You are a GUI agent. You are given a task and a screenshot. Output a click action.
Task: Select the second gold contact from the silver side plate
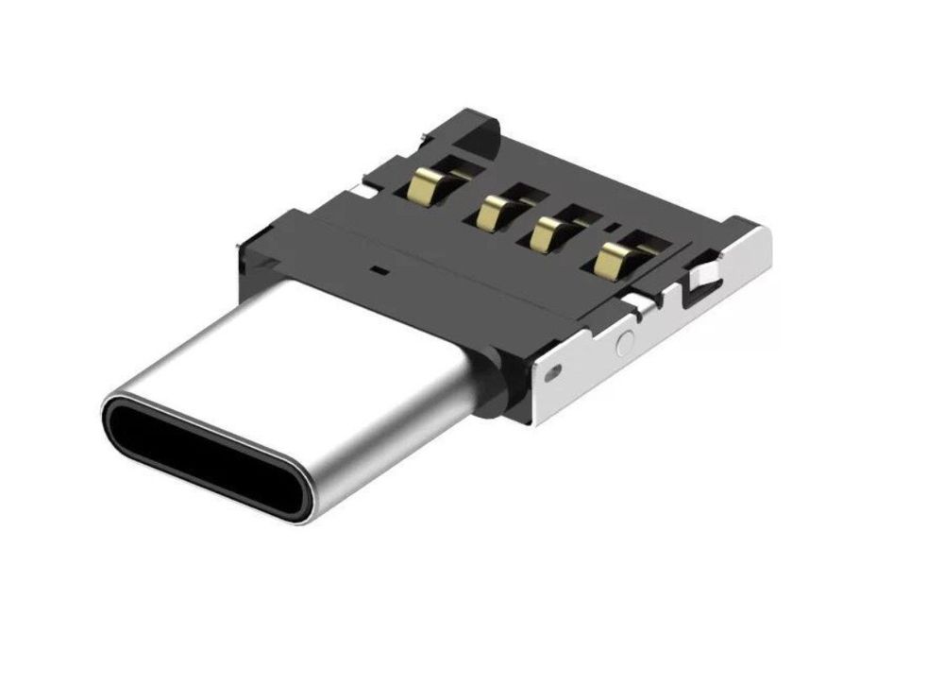(x=548, y=233)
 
